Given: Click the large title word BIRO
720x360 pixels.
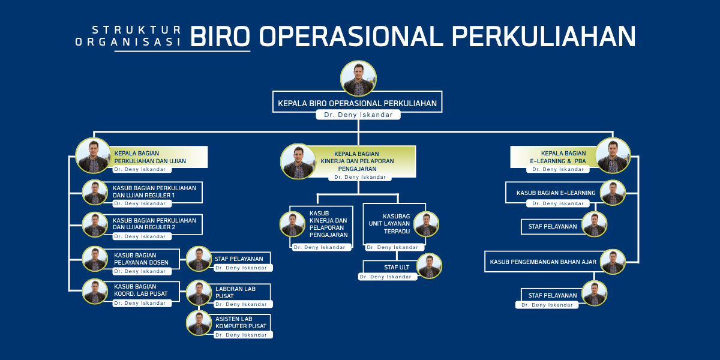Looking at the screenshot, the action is (x=220, y=36).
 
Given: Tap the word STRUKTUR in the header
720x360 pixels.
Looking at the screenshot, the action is (x=137, y=30).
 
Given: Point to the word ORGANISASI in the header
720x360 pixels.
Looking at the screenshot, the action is (x=128, y=42).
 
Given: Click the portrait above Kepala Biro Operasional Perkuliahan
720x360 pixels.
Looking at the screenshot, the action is (x=358, y=79).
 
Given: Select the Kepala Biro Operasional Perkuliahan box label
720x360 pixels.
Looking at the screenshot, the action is (x=357, y=103).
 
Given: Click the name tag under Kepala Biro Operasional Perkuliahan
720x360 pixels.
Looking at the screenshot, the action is (x=358, y=115).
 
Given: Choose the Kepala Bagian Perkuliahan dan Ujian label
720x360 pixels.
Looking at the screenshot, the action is (x=150, y=157).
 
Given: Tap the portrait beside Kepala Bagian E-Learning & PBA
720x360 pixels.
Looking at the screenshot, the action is (x=613, y=155).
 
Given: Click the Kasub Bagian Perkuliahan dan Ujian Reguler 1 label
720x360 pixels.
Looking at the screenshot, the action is (x=154, y=191).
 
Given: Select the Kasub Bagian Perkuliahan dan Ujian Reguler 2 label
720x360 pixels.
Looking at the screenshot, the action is (x=154, y=224).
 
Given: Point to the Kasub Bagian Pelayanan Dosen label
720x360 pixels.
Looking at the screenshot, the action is (x=141, y=259).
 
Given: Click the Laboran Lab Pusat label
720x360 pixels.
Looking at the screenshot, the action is (x=235, y=292).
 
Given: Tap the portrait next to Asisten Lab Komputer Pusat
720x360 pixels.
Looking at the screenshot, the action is (x=199, y=323).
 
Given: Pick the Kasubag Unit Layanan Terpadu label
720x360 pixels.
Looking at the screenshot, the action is (x=389, y=224).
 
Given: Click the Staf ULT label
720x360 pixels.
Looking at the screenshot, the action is (x=397, y=267).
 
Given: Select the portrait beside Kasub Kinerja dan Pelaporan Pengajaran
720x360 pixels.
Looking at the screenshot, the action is (x=292, y=224).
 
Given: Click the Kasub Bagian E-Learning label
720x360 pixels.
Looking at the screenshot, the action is (x=556, y=193).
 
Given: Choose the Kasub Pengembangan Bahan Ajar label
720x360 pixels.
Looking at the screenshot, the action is (x=543, y=262).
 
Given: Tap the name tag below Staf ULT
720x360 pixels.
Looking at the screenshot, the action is (x=388, y=277).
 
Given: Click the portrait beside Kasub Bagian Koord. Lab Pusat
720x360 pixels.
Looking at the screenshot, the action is (x=95, y=292).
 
